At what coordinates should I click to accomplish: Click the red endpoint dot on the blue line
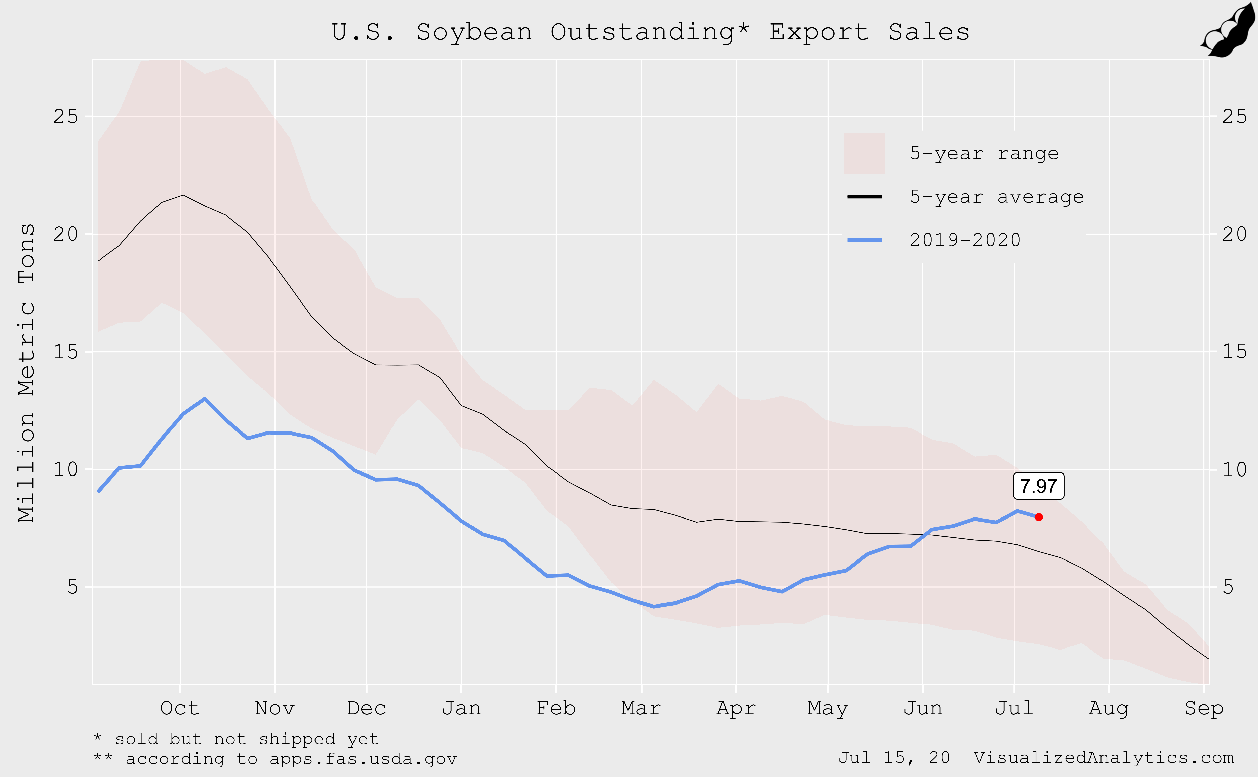pyautogui.click(x=1039, y=517)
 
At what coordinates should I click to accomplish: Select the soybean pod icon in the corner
pyautogui.click(x=1229, y=31)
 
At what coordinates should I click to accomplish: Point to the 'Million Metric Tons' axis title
pyautogui.click(x=27, y=373)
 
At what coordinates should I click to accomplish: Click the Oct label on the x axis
pyautogui.click(x=179, y=708)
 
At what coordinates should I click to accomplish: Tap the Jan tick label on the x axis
pyautogui.click(x=461, y=708)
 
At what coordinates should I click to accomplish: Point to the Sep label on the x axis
pyautogui.click(x=1203, y=708)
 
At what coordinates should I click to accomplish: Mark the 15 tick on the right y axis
pyautogui.click(x=1234, y=352)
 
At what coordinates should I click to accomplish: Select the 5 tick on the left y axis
pyautogui.click(x=72, y=587)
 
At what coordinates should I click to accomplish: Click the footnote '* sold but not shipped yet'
pyautogui.click(x=237, y=739)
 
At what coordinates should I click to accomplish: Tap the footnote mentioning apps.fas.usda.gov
pyautogui.click(x=275, y=759)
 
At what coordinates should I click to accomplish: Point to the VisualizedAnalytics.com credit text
pyautogui.click(x=1103, y=757)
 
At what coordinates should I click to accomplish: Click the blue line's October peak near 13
pyautogui.click(x=205, y=399)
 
